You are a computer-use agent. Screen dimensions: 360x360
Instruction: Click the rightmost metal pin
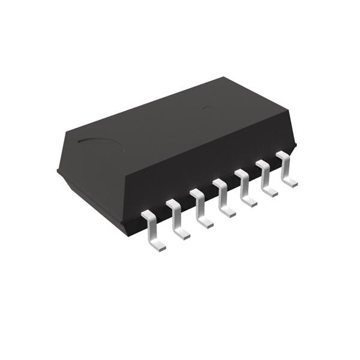click(x=286, y=170)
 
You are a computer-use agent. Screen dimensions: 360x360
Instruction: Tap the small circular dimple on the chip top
click(x=208, y=108)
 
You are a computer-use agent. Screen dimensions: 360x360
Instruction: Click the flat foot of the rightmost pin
click(x=290, y=182)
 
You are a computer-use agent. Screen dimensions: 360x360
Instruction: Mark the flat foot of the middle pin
click(x=227, y=212)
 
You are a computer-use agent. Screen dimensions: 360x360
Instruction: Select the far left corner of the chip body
click(x=58, y=170)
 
